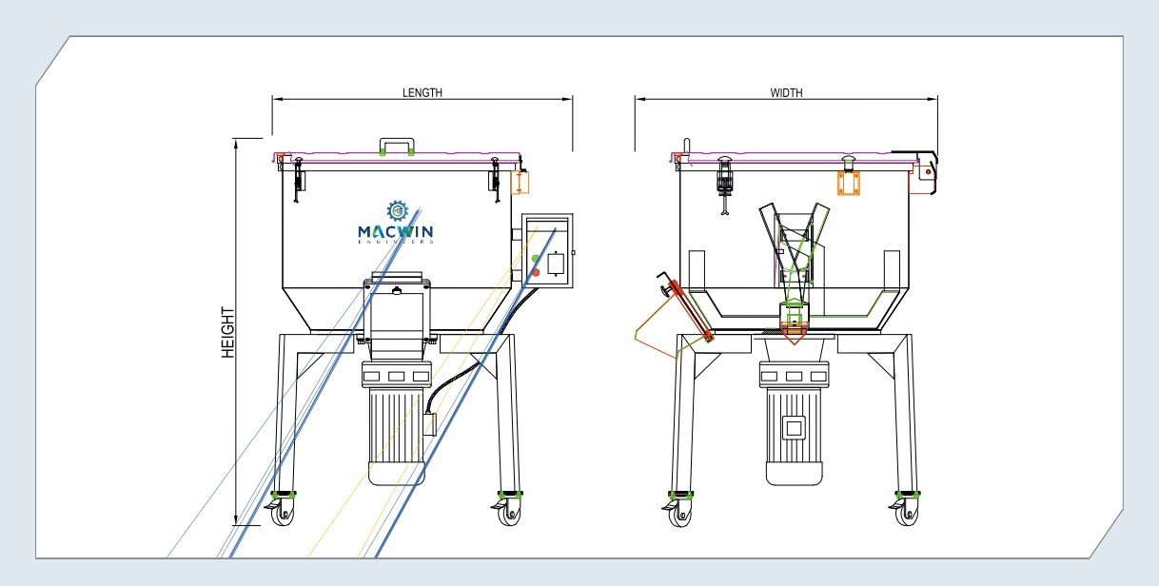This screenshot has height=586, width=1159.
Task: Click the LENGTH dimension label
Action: (422, 93)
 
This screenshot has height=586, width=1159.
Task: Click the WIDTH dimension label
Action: (786, 93)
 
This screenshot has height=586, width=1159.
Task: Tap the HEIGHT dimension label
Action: (228, 332)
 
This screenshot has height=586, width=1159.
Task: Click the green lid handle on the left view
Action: (396, 146)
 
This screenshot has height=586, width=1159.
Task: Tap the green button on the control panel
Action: (537, 259)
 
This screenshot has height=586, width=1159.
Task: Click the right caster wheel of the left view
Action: (511, 514)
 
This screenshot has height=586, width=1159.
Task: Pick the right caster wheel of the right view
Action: (907, 515)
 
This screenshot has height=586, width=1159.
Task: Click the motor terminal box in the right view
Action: (793, 427)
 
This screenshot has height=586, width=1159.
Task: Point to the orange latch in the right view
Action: (849, 183)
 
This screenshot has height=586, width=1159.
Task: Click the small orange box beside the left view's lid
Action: (521, 181)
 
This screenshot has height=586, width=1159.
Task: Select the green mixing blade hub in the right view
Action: (793, 314)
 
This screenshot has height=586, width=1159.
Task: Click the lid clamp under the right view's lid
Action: (724, 181)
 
